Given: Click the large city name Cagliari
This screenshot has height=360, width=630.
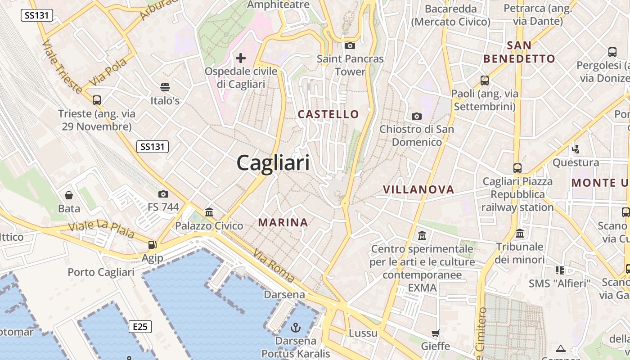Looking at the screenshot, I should pos(273,162).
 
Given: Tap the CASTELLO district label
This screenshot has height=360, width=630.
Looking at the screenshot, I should pos(328,114).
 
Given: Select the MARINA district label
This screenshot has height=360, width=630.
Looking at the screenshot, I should pos(283,222).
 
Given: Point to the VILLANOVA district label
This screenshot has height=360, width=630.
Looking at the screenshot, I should pos(418,189).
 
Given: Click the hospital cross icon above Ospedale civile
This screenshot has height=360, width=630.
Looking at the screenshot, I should pos(241,58).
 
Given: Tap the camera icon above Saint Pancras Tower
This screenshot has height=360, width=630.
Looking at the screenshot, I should pos(350,45).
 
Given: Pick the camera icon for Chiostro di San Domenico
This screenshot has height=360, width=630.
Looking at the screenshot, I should pos(417,116).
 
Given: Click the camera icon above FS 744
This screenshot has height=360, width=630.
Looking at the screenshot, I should pos(163,194).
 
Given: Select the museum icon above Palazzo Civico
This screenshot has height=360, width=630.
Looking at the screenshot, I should pos(209,212).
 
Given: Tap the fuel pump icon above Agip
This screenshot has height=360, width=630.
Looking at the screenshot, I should pos(153,245).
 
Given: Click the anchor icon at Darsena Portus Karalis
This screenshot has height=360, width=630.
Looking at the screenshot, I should pos(296,327).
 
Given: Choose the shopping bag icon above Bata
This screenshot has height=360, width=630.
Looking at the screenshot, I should pos(69,195).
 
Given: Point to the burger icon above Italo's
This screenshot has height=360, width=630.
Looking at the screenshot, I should pos(165,87).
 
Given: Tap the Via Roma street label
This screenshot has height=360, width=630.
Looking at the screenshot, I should pos(274,265).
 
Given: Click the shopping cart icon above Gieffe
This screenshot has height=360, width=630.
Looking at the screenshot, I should pos(435,333).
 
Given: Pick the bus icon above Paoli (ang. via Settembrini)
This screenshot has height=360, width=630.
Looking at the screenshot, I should pos(484,81).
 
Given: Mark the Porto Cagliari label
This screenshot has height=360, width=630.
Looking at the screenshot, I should pos(101,272).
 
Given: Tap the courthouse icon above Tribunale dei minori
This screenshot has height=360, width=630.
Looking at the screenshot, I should pos(520,233).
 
